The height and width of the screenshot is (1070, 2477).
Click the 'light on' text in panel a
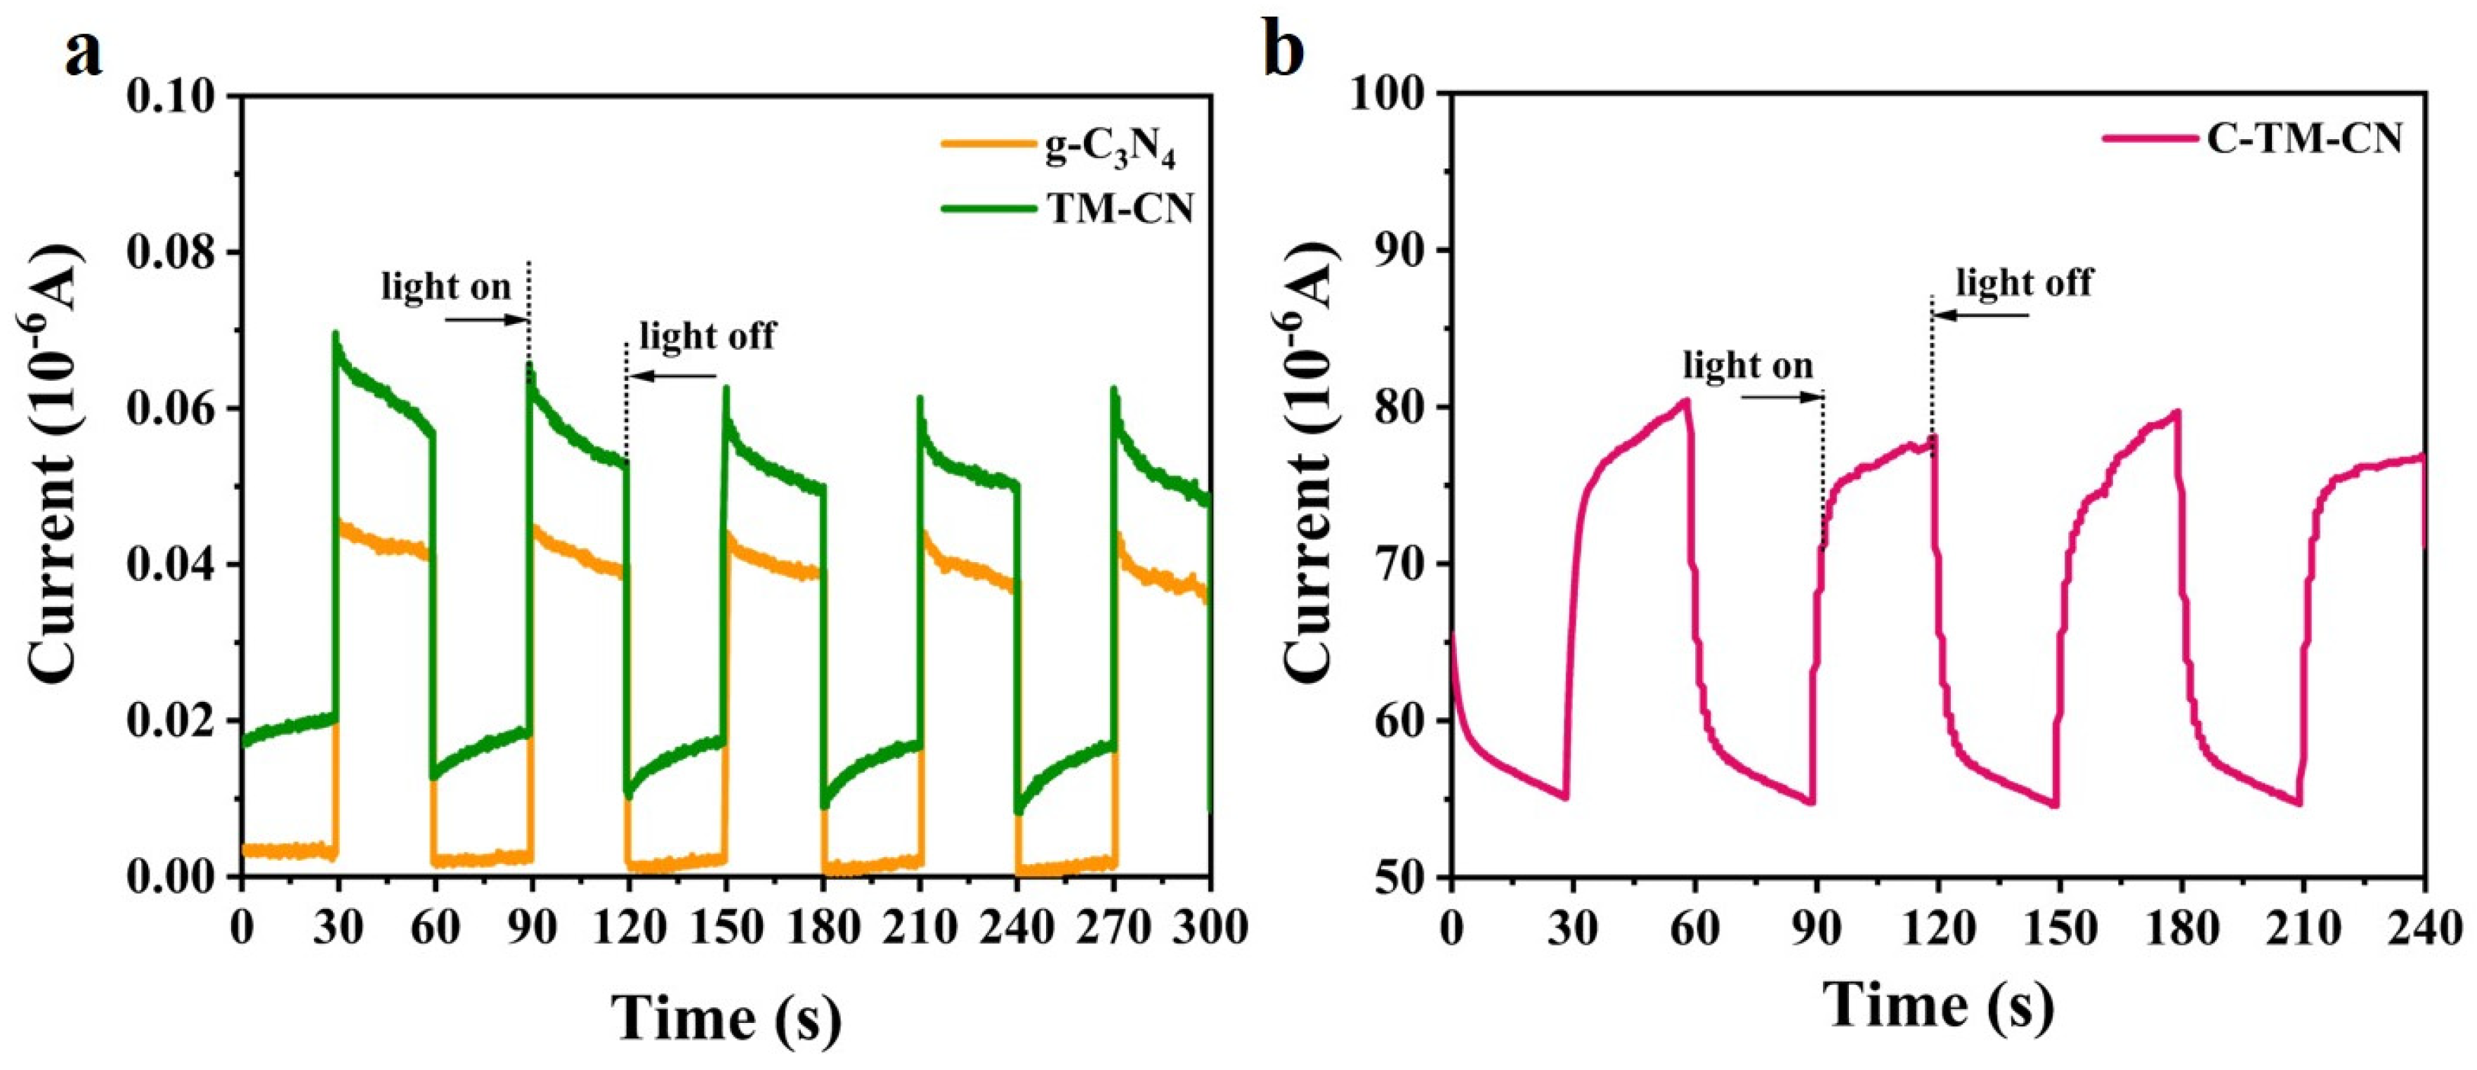(446, 287)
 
